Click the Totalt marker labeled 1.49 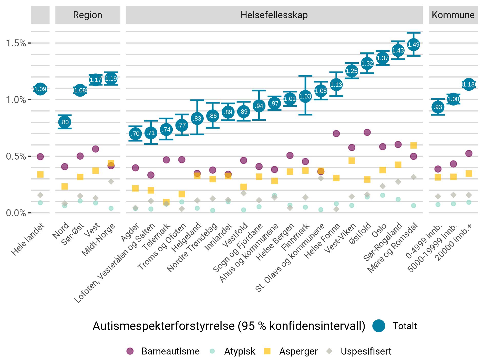click(x=413, y=45)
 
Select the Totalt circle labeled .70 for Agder click(x=135, y=133)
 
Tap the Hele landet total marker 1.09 click(x=40, y=89)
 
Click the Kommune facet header click(x=453, y=15)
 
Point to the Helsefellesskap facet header click(x=274, y=15)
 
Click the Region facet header click(x=88, y=15)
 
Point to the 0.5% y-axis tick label click(x=16, y=156)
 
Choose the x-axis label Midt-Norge click(x=98, y=240)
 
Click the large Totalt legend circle click(x=379, y=326)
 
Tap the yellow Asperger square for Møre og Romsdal click(x=413, y=145)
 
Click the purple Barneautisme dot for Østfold click(x=367, y=132)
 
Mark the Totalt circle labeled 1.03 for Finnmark click(x=305, y=96)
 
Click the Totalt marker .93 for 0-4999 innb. click(x=438, y=107)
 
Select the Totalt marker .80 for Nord click(x=65, y=122)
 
